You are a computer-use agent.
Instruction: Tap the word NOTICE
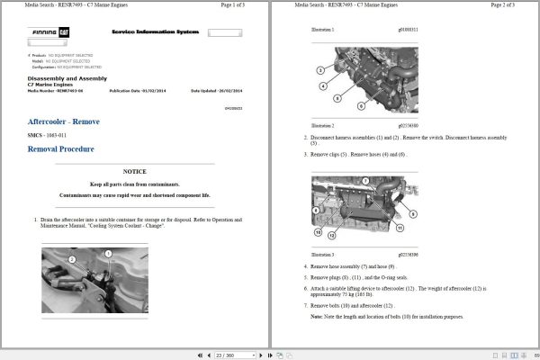tap(134, 171)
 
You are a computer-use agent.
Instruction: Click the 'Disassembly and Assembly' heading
tap(68, 78)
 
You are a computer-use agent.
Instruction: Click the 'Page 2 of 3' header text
tap(508, 5)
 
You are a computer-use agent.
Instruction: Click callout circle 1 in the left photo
tap(107, 254)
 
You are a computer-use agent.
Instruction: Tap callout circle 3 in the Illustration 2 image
tap(320, 70)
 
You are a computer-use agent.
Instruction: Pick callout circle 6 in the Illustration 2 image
tap(361, 107)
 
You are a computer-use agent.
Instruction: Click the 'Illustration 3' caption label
tap(322, 256)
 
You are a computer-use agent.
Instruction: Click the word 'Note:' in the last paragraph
tap(316, 317)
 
